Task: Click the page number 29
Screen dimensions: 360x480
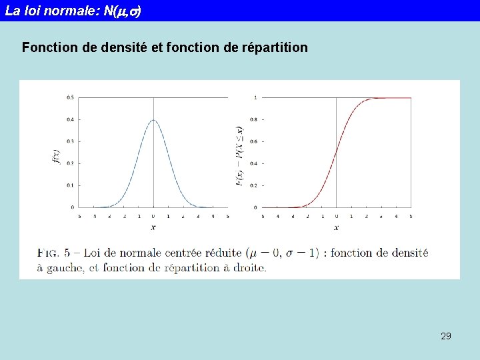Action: pyautogui.click(x=446, y=336)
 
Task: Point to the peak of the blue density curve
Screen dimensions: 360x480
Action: pyautogui.click(x=154, y=121)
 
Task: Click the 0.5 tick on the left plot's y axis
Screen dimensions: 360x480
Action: pyautogui.click(x=70, y=97)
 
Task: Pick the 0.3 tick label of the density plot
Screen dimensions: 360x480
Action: pyautogui.click(x=70, y=141)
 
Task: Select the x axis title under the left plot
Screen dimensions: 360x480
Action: pyautogui.click(x=153, y=227)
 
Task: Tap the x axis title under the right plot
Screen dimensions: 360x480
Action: pyautogui.click(x=336, y=227)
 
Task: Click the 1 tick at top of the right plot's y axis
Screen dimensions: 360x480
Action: pyautogui.click(x=255, y=97)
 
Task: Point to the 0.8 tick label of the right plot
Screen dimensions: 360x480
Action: pyautogui.click(x=254, y=119)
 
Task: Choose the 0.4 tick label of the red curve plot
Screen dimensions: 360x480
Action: pyautogui.click(x=254, y=163)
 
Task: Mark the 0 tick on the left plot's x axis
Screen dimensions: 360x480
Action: pyautogui.click(x=154, y=216)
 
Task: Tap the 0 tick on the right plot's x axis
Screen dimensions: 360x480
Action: pyautogui.click(x=336, y=216)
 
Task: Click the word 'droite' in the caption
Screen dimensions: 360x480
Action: pyautogui.click(x=247, y=268)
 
